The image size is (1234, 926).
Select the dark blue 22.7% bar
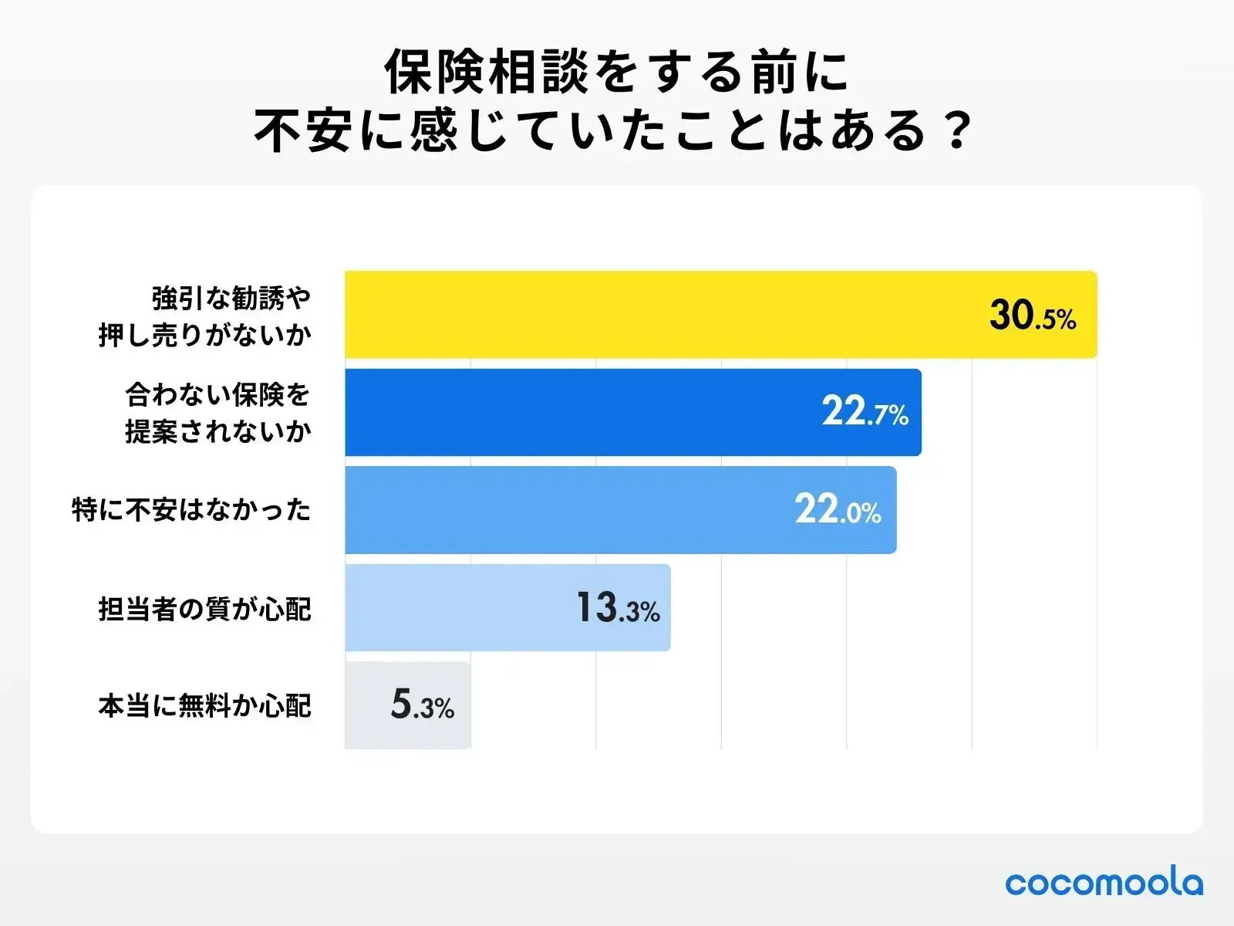click(578, 412)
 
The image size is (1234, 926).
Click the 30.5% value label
click(1032, 316)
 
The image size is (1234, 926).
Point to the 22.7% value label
click(865, 412)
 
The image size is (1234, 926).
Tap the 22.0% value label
click(838, 510)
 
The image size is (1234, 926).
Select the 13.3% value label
click(618, 608)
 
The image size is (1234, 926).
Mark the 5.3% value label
click(422, 705)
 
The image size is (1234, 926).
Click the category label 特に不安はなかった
click(191, 510)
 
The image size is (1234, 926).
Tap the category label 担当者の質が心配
click(204, 609)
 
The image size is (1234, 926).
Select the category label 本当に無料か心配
click(204, 706)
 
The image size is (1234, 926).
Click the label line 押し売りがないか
click(204, 335)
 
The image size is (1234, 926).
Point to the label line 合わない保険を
click(217, 395)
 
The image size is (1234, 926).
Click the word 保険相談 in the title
click(487, 73)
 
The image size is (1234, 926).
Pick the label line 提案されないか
click(217, 431)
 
